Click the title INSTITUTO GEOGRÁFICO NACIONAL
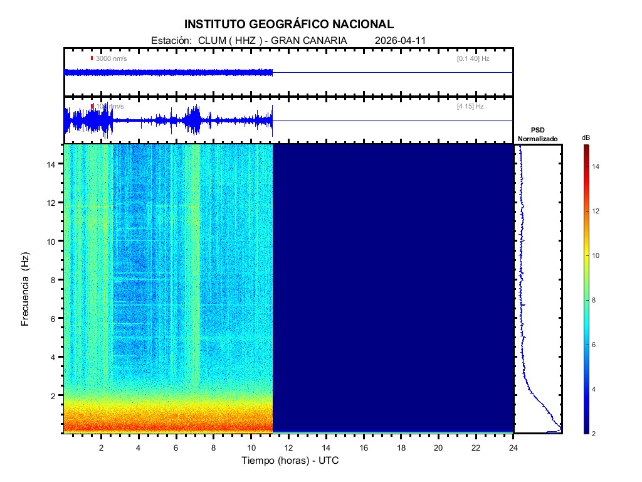(289, 24)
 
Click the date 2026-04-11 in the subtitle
(400, 40)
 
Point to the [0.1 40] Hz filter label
(473, 58)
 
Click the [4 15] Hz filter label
(470, 107)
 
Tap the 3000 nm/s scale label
(111, 58)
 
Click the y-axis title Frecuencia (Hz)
(26, 289)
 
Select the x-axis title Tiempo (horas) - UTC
(290, 461)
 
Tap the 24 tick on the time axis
(513, 447)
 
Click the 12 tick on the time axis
(288, 447)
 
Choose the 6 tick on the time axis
(176, 447)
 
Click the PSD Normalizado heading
(537, 134)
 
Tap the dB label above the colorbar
(586, 137)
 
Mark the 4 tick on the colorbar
(596, 389)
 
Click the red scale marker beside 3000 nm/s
(92, 58)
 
